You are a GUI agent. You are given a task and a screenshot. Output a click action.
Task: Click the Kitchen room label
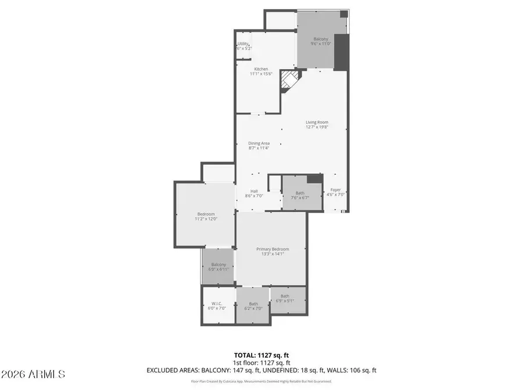tap(260, 71)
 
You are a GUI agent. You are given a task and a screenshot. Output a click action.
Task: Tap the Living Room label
tap(317, 125)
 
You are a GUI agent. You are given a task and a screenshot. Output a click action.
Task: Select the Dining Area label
tap(259, 146)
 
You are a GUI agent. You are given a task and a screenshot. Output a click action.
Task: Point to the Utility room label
tap(243, 46)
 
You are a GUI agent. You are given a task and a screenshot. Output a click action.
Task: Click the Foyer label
tap(336, 192)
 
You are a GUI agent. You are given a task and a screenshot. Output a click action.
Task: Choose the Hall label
tap(255, 193)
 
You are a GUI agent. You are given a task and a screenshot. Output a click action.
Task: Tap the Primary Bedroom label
tap(273, 252)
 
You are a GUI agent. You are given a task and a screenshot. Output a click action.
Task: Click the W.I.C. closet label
tap(217, 305)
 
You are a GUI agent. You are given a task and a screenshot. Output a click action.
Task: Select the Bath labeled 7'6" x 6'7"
tap(300, 195)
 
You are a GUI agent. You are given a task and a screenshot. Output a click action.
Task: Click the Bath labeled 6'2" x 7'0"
tap(254, 305)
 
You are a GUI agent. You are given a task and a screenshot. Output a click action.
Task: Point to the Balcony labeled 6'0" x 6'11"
tap(218, 267)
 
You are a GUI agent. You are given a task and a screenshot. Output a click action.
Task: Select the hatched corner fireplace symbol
tap(289, 81)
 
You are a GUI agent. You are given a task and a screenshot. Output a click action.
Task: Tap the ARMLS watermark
tap(33, 374)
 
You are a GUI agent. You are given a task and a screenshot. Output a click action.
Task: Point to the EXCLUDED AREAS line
tap(261, 370)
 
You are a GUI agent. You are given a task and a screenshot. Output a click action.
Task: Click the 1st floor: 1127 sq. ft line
tap(261, 362)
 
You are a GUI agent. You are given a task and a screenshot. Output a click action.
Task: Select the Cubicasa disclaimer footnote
tap(261, 382)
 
